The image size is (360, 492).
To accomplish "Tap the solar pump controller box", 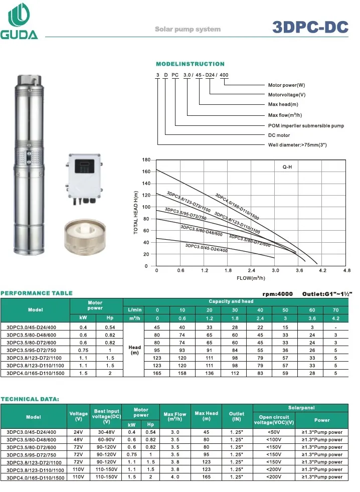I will tap(86, 178).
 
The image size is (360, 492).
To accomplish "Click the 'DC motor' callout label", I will tap(279, 135).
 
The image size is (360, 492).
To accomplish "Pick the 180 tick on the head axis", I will tap(146, 160).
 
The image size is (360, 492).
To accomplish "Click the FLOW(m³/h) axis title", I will tap(251, 278).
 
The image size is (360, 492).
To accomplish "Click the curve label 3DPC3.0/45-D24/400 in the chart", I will tap(207, 248).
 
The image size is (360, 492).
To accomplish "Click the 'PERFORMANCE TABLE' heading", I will tap(37, 293).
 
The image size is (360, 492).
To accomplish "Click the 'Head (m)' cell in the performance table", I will tap(134, 350).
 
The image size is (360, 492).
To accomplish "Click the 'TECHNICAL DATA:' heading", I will tap(30, 399).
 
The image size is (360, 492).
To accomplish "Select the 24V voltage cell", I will tap(78, 432).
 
